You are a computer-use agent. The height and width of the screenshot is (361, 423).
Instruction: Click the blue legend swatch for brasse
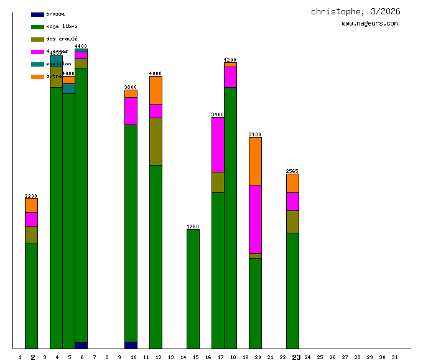37,14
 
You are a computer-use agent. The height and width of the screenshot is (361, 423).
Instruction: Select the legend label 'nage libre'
62,27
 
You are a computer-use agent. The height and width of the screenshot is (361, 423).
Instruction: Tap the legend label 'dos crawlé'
62,39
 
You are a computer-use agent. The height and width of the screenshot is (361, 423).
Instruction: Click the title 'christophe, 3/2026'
356,12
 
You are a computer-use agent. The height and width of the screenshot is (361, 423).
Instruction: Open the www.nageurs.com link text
370,24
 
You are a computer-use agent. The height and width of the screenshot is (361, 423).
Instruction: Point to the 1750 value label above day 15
193,227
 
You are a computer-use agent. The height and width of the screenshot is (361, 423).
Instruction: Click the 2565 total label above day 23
292,171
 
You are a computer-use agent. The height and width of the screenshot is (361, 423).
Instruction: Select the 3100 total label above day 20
255,134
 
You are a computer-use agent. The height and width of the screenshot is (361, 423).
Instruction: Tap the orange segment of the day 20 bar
255,161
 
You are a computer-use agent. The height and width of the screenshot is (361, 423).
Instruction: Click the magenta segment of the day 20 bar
255,219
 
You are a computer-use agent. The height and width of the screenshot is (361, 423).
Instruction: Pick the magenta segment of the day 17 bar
218,144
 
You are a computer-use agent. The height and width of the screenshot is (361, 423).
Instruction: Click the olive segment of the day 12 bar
156,141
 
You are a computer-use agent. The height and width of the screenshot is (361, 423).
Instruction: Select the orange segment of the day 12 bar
156,90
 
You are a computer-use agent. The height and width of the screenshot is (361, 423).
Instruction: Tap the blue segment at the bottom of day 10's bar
131,345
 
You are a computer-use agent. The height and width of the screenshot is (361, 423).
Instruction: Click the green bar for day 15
193,289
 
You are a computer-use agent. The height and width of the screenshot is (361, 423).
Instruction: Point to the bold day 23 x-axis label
296,357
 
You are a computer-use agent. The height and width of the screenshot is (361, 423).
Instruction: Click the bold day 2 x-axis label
32,357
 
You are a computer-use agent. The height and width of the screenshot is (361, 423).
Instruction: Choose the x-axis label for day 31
394,357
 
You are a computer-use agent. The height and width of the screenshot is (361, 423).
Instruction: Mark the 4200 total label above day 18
230,60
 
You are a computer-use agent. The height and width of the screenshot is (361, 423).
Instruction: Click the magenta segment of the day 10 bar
131,111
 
